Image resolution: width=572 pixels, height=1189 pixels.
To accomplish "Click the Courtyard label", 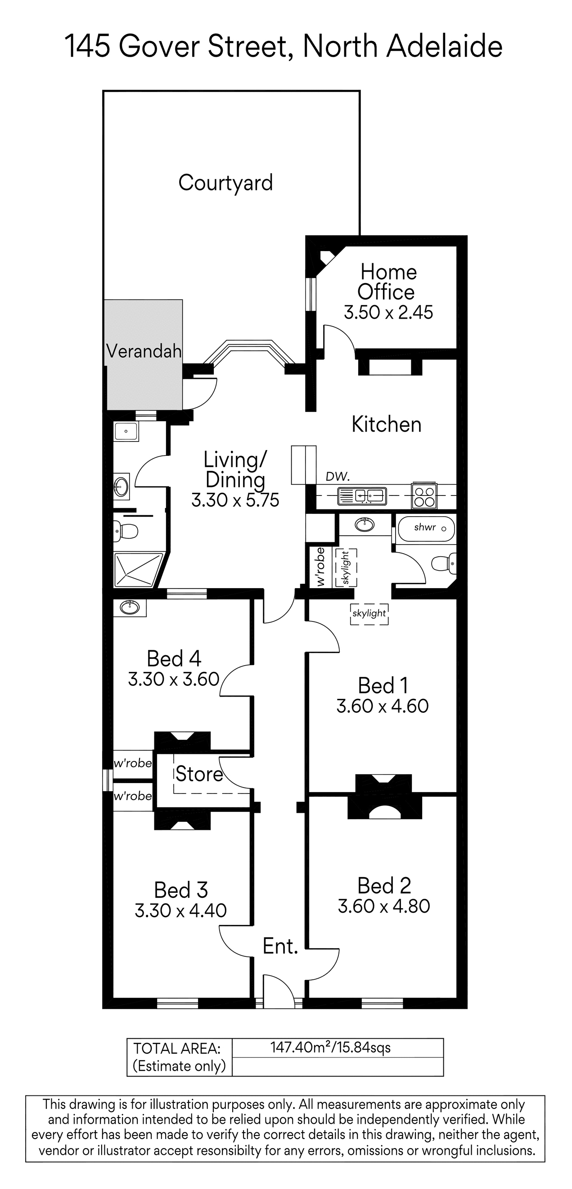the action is [225, 183].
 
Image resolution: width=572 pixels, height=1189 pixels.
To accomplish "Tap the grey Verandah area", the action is [144, 355].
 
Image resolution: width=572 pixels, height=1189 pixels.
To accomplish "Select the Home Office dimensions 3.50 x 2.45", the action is [388, 312].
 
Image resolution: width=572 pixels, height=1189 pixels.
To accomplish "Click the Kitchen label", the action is [387, 425].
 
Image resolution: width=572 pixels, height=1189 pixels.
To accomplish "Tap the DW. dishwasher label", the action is [338, 477].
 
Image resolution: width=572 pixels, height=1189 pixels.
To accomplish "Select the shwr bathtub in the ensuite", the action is [426, 528].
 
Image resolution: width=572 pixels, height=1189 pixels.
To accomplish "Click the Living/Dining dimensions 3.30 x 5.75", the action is [235, 500].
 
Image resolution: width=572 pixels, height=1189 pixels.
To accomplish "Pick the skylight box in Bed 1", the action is [369, 614].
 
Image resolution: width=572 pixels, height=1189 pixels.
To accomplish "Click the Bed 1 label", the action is [383, 685].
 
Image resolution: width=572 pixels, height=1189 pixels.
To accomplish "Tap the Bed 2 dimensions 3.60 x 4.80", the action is [383, 906].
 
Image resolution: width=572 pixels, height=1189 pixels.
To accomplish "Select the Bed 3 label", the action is [180, 890].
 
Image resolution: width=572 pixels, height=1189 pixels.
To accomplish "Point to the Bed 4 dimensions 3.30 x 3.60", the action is [174, 680].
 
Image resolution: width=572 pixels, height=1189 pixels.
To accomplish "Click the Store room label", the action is [199, 774].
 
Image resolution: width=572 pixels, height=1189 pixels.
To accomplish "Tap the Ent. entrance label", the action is [280, 946].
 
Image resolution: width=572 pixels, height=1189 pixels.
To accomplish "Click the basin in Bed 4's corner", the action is [130, 607].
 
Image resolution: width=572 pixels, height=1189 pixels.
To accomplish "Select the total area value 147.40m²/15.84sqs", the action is [330, 1047].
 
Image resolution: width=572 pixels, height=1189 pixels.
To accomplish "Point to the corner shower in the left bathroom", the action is [138, 570].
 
